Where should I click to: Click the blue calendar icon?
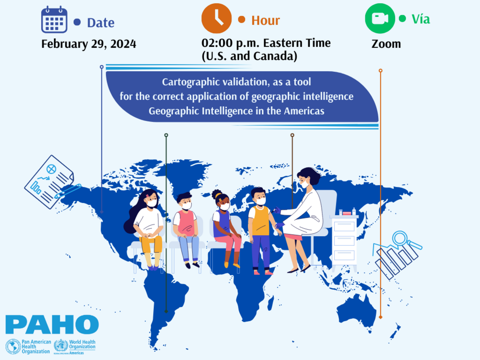click(54, 20)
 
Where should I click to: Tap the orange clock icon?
click(216, 19)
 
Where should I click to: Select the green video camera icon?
click(380, 19)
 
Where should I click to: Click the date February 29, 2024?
click(89, 44)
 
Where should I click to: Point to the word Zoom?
click(386, 44)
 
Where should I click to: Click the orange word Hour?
click(265, 21)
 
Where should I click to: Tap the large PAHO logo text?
click(52, 325)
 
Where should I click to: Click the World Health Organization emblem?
click(61, 346)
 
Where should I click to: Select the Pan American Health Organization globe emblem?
click(13, 346)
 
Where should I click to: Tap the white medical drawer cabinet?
click(344, 240)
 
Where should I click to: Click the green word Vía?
click(421, 19)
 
